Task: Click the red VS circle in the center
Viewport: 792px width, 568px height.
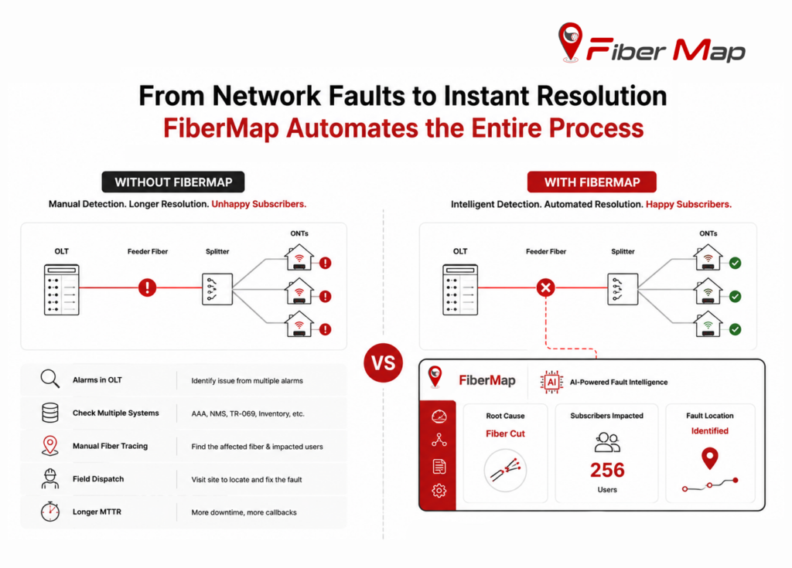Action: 383,362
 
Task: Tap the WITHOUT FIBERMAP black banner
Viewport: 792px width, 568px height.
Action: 173,182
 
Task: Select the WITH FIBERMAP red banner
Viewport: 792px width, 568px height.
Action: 592,182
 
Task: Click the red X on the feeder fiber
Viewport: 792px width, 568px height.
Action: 545,287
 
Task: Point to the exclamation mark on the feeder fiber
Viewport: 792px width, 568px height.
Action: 147,287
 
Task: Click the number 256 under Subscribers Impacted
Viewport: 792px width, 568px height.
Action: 607,470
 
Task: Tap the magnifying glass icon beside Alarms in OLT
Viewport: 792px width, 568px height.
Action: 50,379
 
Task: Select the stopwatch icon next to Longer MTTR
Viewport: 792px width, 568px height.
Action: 50,511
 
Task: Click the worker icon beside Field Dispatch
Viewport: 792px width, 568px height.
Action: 50,478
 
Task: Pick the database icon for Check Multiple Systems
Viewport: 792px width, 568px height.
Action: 50,413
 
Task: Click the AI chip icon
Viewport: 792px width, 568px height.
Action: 551,382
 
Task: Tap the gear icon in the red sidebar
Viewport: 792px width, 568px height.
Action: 439,490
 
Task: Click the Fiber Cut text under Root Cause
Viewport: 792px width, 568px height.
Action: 505,434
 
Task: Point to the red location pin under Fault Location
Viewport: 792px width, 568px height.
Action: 710,458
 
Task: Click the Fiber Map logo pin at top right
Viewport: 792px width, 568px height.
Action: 571,42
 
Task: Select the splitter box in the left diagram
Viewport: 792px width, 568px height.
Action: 217,289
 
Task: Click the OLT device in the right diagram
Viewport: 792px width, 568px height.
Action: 460,289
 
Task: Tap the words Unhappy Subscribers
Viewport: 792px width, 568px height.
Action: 258,204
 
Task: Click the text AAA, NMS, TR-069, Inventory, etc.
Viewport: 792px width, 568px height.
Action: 248,413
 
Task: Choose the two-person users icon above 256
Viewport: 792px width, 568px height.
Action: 607,442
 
